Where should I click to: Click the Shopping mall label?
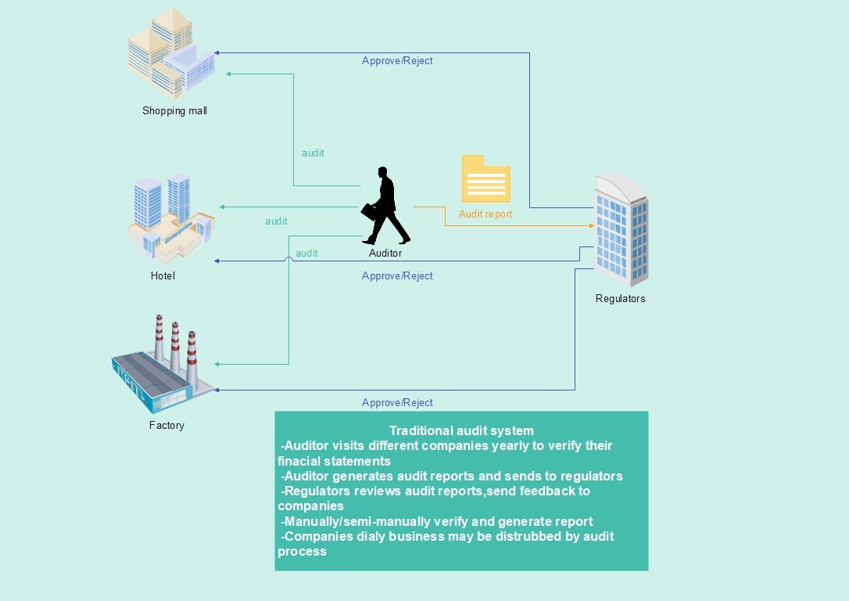pyautogui.click(x=174, y=111)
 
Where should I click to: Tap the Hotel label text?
pyautogui.click(x=163, y=275)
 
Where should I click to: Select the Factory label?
pyautogui.click(x=167, y=426)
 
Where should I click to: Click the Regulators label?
pyautogui.click(x=621, y=299)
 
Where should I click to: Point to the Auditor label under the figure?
pyautogui.click(x=385, y=253)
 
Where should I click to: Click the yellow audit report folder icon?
pyautogui.click(x=486, y=179)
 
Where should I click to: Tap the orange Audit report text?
pyautogui.click(x=485, y=214)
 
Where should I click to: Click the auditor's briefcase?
pyautogui.click(x=369, y=212)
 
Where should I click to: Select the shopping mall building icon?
pyautogui.click(x=171, y=52)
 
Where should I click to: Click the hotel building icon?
pyautogui.click(x=171, y=218)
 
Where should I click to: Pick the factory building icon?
pyautogui.click(x=163, y=365)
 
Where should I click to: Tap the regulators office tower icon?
pyautogui.click(x=621, y=230)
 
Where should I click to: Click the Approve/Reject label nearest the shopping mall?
pyautogui.click(x=397, y=61)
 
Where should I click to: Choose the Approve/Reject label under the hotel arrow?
pyautogui.click(x=397, y=275)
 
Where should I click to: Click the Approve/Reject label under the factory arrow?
pyautogui.click(x=397, y=403)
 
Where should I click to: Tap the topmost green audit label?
pyautogui.click(x=313, y=153)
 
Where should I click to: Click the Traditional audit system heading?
pyautogui.click(x=461, y=431)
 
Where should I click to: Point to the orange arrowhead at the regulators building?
pyautogui.click(x=591, y=225)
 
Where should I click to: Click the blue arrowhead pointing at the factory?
pyautogui.click(x=217, y=390)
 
